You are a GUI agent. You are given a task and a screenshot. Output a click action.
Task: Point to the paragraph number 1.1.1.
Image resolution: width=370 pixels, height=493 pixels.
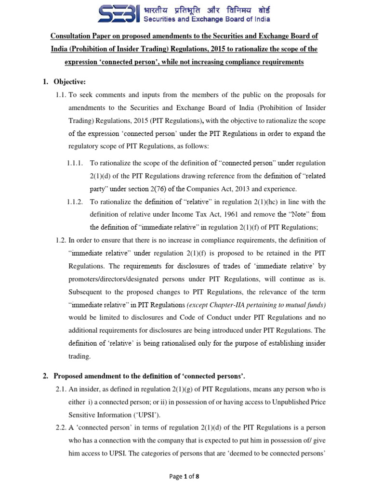[76, 163]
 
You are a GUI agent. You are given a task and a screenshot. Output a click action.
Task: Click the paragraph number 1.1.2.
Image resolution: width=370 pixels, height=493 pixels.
[76, 201]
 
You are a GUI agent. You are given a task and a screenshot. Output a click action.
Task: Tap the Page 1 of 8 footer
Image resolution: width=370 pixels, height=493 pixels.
[185, 477]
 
